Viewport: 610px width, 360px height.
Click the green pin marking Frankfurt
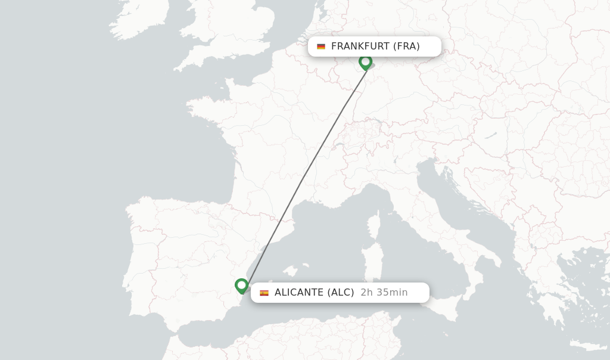click(x=365, y=61)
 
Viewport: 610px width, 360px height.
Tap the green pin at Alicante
click(x=241, y=285)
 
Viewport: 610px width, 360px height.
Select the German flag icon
click(x=321, y=46)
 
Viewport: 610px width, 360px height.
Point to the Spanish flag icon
click(x=264, y=293)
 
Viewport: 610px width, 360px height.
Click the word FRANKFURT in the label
click(x=360, y=46)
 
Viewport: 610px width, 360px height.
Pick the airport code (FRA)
click(x=406, y=46)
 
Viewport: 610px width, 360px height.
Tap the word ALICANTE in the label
click(x=299, y=293)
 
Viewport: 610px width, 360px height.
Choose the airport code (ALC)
click(x=341, y=293)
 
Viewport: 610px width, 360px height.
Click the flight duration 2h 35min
click(x=384, y=293)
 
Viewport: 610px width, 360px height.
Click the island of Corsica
click(x=374, y=226)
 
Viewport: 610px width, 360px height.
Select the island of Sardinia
click(x=370, y=259)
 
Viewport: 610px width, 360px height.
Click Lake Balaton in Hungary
click(x=491, y=136)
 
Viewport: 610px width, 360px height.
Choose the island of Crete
click(x=587, y=345)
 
